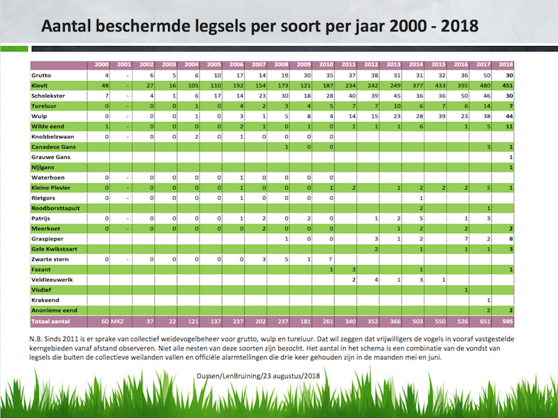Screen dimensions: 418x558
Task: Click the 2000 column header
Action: coord(103,65)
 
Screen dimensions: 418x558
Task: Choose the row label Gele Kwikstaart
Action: coord(54,249)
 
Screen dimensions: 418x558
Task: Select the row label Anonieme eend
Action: coord(53,309)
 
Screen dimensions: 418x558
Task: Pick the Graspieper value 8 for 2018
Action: coord(511,239)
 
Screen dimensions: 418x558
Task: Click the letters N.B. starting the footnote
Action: coord(40,335)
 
